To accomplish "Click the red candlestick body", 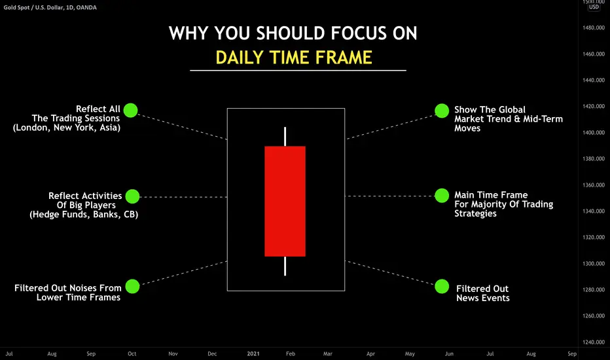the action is [285, 201].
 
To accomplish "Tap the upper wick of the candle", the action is [285, 137].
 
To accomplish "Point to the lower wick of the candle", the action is [285, 266].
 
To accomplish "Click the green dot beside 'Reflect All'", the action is [131, 110].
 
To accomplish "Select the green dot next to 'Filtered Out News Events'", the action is [442, 287].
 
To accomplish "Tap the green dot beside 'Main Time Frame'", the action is [442, 196].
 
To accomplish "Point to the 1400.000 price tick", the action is [594, 132].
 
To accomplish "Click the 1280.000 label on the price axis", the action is [594, 289].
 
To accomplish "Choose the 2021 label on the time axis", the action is [253, 353].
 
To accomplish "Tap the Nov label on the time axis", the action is [173, 353].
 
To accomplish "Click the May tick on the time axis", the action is [410, 353].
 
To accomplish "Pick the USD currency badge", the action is [594, 7].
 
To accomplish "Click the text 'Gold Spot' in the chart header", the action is [16, 7].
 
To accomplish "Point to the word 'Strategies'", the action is [475, 213].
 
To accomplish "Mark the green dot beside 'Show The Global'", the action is [442, 111].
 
